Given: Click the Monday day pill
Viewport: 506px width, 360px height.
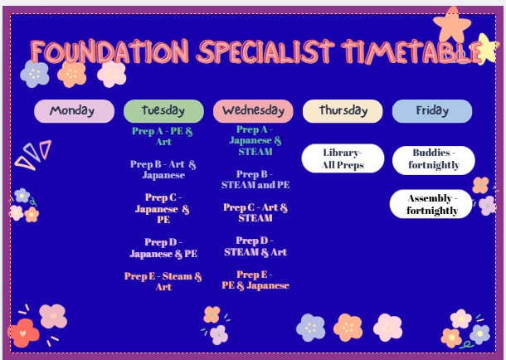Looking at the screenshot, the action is click(74, 111).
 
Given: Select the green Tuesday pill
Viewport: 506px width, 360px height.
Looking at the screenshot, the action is click(163, 111).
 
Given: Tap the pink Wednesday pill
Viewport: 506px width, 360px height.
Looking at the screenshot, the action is click(253, 111).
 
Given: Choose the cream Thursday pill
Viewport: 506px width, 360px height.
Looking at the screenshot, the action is click(343, 111).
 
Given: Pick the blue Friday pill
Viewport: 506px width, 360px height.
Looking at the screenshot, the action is click(432, 111).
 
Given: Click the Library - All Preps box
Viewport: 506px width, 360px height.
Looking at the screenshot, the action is click(343, 158).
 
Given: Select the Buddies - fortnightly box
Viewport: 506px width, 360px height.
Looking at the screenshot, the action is click(433, 160).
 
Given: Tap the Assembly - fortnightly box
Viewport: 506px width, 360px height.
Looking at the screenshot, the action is click(431, 204).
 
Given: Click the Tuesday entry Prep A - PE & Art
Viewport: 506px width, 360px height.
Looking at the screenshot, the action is click(163, 136).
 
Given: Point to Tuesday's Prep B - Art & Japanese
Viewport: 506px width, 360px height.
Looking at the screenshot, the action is click(163, 169).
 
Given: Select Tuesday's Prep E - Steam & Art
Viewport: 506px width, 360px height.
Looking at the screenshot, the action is click(163, 281).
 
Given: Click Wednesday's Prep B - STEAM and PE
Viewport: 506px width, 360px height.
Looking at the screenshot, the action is click(255, 179).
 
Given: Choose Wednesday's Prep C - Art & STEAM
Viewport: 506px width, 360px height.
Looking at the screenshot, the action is click(255, 212).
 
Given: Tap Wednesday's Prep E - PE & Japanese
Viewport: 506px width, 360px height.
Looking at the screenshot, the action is click(255, 280).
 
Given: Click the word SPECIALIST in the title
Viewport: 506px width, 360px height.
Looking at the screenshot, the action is click(265, 51).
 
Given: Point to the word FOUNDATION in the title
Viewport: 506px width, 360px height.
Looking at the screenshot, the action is click(109, 51).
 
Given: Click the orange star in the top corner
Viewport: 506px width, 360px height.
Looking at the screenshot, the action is click(452, 25).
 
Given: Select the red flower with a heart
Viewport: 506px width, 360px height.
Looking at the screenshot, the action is click(23, 333).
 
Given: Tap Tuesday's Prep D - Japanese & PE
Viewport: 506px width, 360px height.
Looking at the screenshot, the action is click(163, 248).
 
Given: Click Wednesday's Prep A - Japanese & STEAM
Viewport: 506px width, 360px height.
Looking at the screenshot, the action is click(255, 141).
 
